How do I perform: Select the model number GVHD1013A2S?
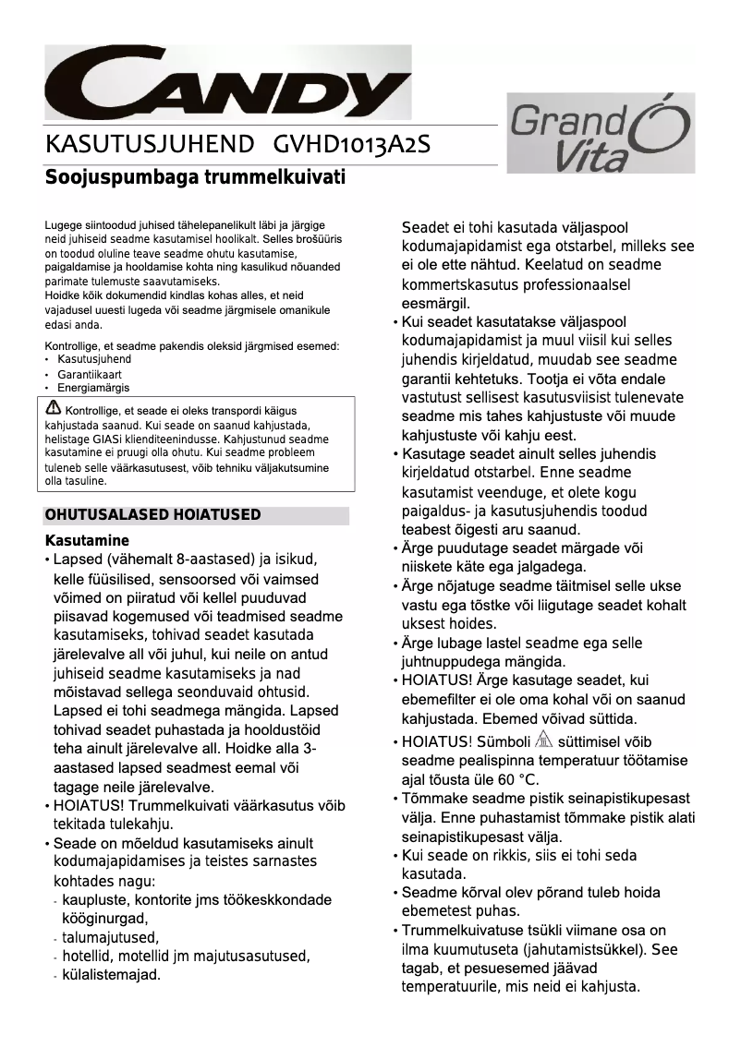pos(352,146)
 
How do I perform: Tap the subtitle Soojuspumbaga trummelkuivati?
pos(196,176)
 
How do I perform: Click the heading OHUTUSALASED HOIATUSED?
pos(153,515)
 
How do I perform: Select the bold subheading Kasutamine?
pos(87,539)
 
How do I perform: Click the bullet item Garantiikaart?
pos(89,374)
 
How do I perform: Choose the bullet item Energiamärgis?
pos(93,389)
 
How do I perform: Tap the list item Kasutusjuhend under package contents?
pos(94,359)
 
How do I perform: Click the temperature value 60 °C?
pos(516,780)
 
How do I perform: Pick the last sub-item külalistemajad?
pos(111,974)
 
